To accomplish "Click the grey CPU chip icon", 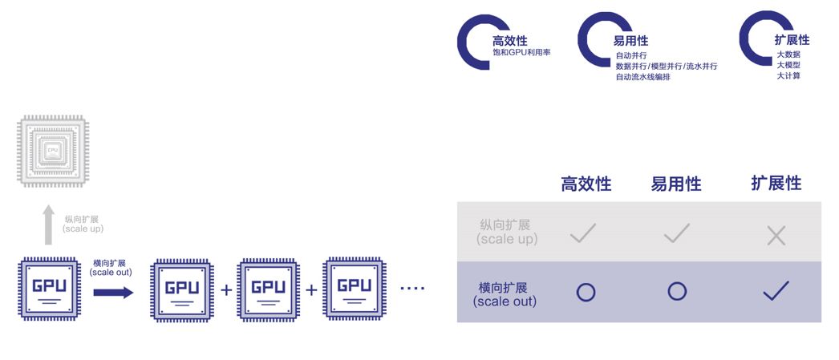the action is pos(53,152).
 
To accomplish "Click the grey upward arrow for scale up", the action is pos(49,224).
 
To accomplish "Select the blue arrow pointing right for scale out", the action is pos(113,292).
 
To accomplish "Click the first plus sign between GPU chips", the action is pos(226,289).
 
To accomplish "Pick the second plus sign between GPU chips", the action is pos(311,289).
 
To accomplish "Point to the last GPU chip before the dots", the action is pos(354,288).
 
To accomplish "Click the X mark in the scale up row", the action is pos(776,235).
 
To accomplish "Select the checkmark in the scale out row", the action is pos(776,291).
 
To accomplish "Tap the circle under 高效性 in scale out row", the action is pos(586,292).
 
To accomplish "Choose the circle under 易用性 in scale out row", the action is pos(677,292).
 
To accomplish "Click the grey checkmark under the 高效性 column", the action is pos(582,233).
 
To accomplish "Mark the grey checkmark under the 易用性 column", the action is pos(677,233).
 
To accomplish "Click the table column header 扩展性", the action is pos(776,183).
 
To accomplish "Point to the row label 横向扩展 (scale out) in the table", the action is pos(505,294).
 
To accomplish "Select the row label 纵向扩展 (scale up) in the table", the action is pos(505,232).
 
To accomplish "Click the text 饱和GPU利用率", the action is pos(521,53).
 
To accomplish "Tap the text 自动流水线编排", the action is pos(642,77).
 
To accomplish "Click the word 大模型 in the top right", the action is pos(788,65).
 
